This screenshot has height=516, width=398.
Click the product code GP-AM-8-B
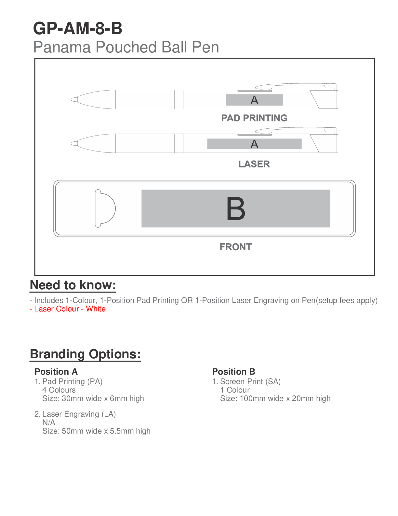[x=78, y=28]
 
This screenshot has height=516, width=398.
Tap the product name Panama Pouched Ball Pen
[x=126, y=47]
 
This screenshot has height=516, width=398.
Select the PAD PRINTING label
[x=254, y=118]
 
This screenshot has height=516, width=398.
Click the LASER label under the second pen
[x=254, y=164]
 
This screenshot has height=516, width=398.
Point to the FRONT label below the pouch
[x=235, y=247]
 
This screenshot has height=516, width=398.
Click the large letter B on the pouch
[x=236, y=209]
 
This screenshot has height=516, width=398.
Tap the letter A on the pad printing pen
[x=254, y=100]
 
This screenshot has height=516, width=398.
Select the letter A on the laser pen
[x=254, y=144]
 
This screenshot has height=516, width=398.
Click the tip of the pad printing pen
[x=74, y=99]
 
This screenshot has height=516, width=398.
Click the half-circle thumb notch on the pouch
[x=105, y=208]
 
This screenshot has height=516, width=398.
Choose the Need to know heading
[x=73, y=285]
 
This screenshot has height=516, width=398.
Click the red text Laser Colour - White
[x=68, y=309]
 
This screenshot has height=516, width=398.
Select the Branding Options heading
[x=85, y=354]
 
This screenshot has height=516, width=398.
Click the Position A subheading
[x=56, y=372]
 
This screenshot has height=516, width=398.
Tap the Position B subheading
[x=233, y=372]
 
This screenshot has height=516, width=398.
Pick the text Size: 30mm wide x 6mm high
[x=93, y=398]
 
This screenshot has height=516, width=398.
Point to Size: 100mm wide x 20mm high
[x=275, y=398]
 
